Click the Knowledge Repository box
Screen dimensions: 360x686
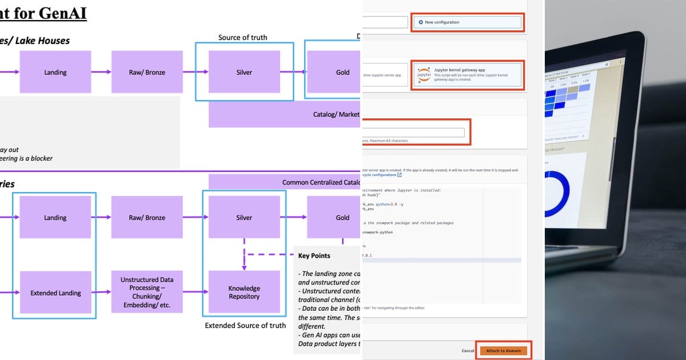click(x=244, y=292)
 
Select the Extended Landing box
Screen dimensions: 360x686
click(x=55, y=293)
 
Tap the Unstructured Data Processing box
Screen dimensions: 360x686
click(x=147, y=292)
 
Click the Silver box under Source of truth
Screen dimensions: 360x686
click(x=244, y=72)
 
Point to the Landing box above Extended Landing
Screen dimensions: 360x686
click(x=55, y=217)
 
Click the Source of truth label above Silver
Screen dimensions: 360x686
click(x=242, y=38)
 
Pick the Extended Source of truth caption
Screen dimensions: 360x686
click(x=245, y=326)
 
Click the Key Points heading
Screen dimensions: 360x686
click(x=314, y=256)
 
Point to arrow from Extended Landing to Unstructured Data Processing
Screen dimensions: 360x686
click(x=101, y=292)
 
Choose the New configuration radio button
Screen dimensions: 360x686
click(x=421, y=22)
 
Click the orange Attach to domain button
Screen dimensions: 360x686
click(x=503, y=350)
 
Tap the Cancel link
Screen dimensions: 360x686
click(x=468, y=351)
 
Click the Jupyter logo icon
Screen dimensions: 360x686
click(x=424, y=75)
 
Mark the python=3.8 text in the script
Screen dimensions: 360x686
click(x=388, y=203)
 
